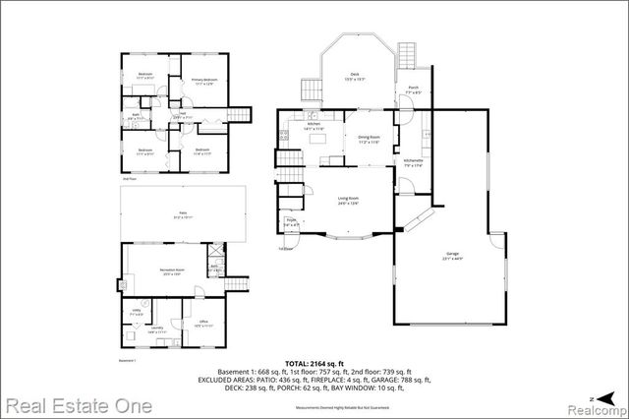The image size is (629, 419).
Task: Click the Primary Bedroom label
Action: click(x=202, y=82)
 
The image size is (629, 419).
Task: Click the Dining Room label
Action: click(x=367, y=140)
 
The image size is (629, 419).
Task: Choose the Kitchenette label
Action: click(x=414, y=162)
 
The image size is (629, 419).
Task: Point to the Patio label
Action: click(x=182, y=213)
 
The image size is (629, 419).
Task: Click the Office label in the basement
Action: click(x=202, y=323)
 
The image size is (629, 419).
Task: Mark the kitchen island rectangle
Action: click(x=316, y=140)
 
